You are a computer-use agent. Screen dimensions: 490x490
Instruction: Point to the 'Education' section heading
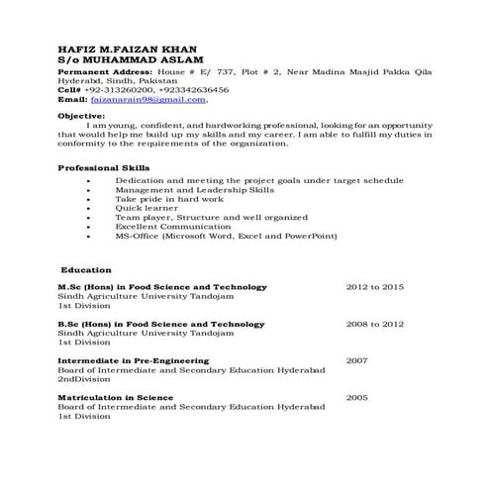(86, 269)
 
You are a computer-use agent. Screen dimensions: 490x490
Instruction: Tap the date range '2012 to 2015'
(374, 287)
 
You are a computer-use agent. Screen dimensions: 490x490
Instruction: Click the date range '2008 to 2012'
(374, 324)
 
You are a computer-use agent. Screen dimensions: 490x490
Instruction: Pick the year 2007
(356, 361)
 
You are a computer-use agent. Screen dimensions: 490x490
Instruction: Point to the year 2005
(356, 398)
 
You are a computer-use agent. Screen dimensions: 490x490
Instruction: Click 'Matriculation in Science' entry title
(115, 398)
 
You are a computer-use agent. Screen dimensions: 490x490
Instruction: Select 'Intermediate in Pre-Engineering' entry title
(133, 361)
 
